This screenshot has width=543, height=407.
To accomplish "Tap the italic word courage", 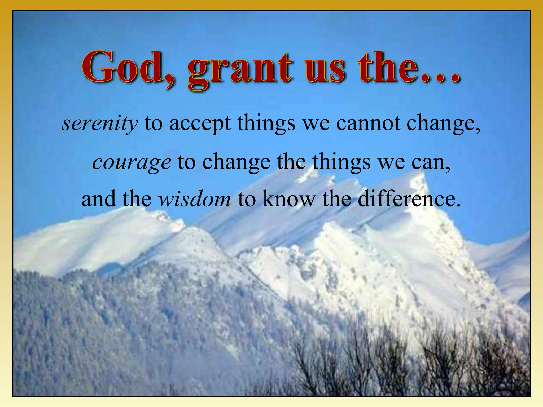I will (132, 162).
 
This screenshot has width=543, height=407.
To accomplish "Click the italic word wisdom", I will (195, 199).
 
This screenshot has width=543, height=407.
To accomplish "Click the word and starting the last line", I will (98, 199).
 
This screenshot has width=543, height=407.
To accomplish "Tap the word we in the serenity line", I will (316, 123).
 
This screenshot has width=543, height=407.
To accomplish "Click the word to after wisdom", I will (246, 199).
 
